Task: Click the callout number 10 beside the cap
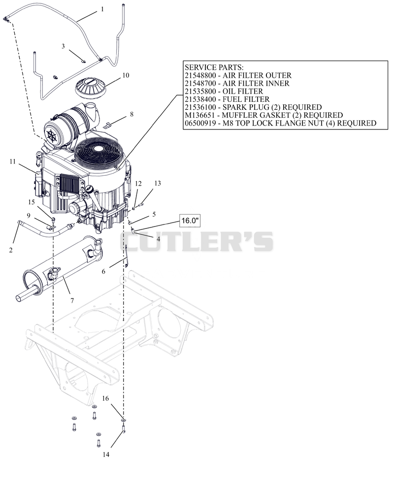coord(126,75)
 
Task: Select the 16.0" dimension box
coord(190,221)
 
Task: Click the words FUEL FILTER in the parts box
coord(246,99)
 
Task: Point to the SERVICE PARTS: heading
coord(214,67)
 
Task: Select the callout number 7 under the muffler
coord(72,301)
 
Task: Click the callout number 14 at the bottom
coord(106,454)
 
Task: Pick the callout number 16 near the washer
coord(105,398)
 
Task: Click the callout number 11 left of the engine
coord(12,161)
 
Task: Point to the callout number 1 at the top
coord(102,9)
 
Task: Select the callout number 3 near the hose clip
coord(63,46)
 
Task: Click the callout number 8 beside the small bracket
coord(131,114)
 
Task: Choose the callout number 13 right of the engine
coord(158,183)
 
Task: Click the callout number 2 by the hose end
coord(10,250)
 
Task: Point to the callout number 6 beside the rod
coord(103,271)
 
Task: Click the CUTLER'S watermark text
coord(197,241)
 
